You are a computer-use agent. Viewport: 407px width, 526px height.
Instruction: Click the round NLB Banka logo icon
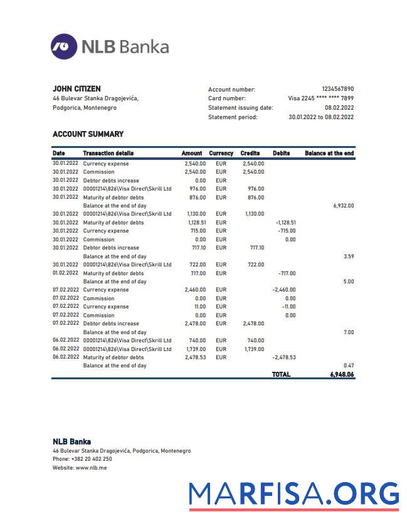[64, 46]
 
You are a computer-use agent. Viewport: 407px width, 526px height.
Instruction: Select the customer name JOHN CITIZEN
[77, 89]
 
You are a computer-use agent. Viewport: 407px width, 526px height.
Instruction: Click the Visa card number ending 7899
[320, 98]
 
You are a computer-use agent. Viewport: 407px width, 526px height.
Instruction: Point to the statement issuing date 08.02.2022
[339, 108]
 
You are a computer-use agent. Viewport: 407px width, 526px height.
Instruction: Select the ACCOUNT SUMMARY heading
[88, 134]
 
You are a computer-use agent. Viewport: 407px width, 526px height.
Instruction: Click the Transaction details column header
[108, 153]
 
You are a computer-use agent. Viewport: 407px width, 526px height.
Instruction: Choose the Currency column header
[221, 153]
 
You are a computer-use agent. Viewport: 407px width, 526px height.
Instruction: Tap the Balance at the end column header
[329, 153]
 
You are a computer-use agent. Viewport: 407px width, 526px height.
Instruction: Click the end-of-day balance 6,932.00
[343, 206]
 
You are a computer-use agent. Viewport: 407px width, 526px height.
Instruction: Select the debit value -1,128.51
[285, 223]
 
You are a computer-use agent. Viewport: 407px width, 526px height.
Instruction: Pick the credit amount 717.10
[256, 248]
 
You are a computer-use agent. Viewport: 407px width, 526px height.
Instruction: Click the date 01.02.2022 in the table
[66, 273]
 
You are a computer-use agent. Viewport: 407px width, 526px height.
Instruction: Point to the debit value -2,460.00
[283, 290]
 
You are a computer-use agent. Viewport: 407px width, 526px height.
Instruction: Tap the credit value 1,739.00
[254, 349]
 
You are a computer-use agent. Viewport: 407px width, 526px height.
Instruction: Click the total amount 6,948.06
[342, 374]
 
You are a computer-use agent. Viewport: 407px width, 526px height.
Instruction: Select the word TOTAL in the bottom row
[281, 374]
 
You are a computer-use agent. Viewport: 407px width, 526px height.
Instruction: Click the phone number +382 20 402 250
[92, 459]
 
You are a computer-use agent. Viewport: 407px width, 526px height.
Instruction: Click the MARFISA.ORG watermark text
[294, 494]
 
